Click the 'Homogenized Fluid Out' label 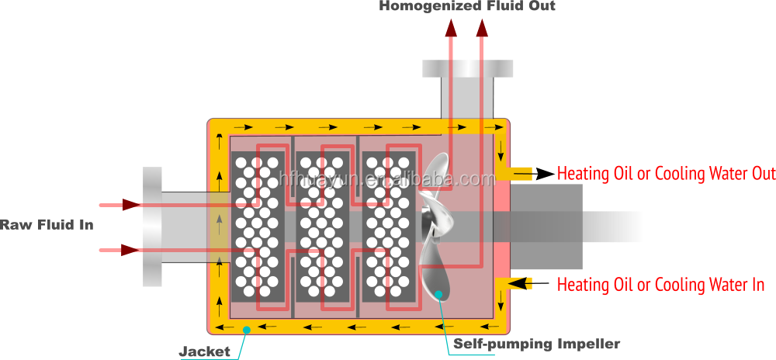[467, 6]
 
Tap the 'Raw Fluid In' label [47, 225]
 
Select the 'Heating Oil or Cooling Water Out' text [666, 173]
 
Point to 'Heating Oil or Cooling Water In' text [661, 285]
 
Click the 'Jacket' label [205, 351]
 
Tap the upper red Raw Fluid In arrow [120, 205]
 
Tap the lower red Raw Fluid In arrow [120, 250]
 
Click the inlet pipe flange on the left [152, 227]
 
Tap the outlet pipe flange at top [468, 68]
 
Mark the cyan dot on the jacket [247, 330]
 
